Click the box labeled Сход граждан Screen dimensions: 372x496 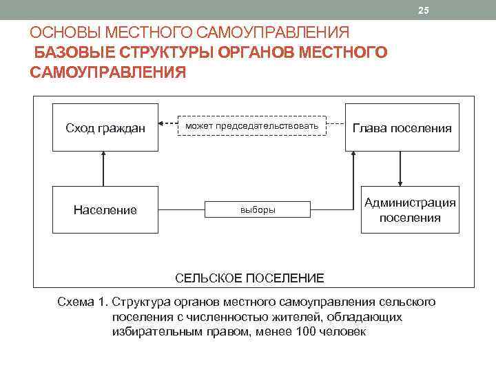click(x=105, y=128)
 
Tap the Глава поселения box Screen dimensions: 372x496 click(x=402, y=128)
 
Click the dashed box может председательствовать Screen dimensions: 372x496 click(x=251, y=125)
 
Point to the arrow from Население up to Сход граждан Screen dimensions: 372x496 click(x=103, y=169)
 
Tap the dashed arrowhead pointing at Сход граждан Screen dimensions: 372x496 click(x=161, y=125)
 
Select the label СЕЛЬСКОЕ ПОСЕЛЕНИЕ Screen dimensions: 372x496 click(x=249, y=278)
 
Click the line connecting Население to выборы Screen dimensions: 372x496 click(x=180, y=209)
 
